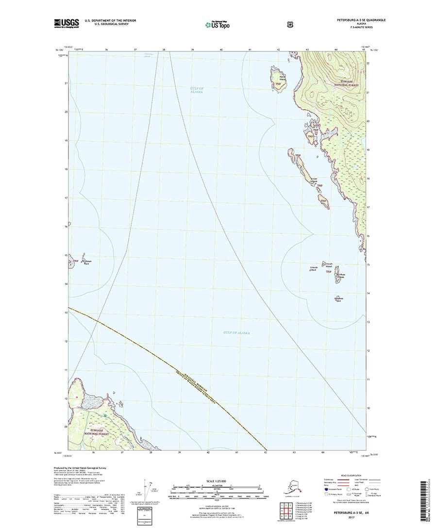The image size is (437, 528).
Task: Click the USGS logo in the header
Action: pyautogui.click(x=67, y=22)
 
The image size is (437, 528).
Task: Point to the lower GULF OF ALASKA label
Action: pyautogui.click(x=236, y=333)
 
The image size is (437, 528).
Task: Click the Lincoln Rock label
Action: pyautogui.click(x=313, y=268)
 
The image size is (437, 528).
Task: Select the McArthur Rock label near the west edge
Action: pyautogui.click(x=86, y=262)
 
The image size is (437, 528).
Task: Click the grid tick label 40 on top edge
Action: pyautogui.click(x=221, y=50)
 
